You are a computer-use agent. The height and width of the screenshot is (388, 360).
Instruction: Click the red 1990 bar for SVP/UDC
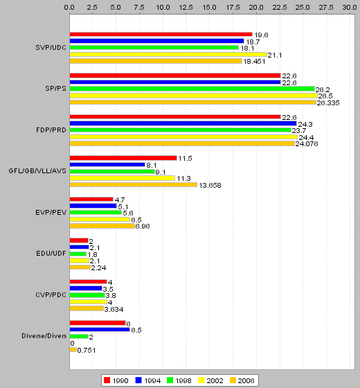(161, 35)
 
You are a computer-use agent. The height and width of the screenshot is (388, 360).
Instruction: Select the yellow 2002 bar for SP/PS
(194, 96)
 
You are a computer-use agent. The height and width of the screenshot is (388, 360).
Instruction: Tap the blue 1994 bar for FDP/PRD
(183, 123)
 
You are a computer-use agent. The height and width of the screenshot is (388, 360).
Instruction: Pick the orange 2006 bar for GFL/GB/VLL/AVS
(134, 184)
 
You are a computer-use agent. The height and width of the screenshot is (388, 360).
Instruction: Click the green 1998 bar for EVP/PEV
(96, 212)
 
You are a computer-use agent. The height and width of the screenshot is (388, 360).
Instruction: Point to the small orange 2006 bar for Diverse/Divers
(73, 350)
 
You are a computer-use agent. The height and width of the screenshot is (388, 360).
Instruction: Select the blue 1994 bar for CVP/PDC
(86, 288)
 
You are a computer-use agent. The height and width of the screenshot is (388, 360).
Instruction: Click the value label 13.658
(210, 186)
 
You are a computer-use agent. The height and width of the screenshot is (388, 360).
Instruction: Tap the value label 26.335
(328, 103)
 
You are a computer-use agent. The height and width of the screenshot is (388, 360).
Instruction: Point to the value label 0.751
(87, 351)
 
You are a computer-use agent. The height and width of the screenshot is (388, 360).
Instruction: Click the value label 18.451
(254, 62)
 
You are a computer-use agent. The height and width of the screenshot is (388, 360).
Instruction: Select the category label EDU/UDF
(51, 254)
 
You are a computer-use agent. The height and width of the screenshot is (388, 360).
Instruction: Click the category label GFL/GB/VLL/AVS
(37, 171)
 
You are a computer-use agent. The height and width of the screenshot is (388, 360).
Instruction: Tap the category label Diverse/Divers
(44, 336)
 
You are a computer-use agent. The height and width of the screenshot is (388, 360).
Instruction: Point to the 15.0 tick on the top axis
(209, 8)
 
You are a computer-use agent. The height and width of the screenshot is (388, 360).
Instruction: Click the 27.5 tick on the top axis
(326, 8)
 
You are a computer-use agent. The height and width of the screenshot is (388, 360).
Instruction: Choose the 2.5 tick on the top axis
(92, 8)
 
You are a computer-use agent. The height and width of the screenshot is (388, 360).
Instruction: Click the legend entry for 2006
(242, 380)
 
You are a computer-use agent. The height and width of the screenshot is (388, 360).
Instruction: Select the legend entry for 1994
(148, 380)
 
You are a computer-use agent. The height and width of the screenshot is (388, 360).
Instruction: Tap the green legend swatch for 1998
(170, 380)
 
